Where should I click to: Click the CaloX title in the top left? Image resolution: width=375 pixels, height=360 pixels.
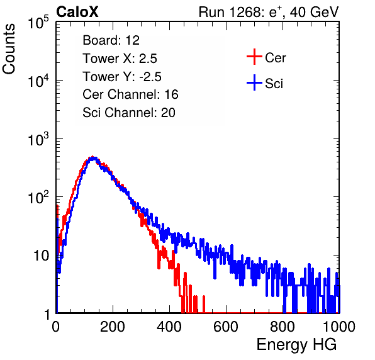pyautogui.click(x=77, y=12)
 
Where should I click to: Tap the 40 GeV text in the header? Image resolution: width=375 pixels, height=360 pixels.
pyautogui.click(x=314, y=12)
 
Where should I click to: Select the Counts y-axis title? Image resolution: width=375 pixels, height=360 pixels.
pyautogui.click(x=9, y=49)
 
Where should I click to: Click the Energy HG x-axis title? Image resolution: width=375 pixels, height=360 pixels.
pyautogui.click(x=296, y=344)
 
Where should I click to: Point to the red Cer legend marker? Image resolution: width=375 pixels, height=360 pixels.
pyautogui.click(x=254, y=57)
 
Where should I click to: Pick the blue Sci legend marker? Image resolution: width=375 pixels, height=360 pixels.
pyautogui.click(x=254, y=83)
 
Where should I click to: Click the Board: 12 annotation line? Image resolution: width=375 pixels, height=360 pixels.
pyautogui.click(x=111, y=40)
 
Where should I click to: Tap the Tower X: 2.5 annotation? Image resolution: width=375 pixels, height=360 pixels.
pyautogui.click(x=120, y=59)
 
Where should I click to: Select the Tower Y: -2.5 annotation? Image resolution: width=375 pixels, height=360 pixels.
pyautogui.click(x=122, y=77)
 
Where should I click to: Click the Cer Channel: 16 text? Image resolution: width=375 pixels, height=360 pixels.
pyautogui.click(x=130, y=94)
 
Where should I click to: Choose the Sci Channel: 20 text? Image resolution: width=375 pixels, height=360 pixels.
pyautogui.click(x=129, y=113)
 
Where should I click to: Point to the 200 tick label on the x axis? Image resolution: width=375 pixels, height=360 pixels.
pyautogui.click(x=113, y=327)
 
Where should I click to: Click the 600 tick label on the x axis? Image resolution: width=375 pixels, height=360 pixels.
pyautogui.click(x=226, y=327)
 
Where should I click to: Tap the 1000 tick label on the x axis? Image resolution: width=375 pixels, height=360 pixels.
pyautogui.click(x=339, y=327)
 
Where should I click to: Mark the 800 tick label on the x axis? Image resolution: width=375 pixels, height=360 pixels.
pyautogui.click(x=283, y=327)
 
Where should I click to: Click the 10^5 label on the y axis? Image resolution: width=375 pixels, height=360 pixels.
pyautogui.click(x=38, y=23)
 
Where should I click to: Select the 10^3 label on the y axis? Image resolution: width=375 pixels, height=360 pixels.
pyautogui.click(x=38, y=140)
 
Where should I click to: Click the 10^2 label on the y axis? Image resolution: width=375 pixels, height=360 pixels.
pyautogui.click(x=38, y=198)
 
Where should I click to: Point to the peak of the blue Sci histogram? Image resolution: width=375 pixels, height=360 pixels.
pyautogui.click(x=94, y=158)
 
